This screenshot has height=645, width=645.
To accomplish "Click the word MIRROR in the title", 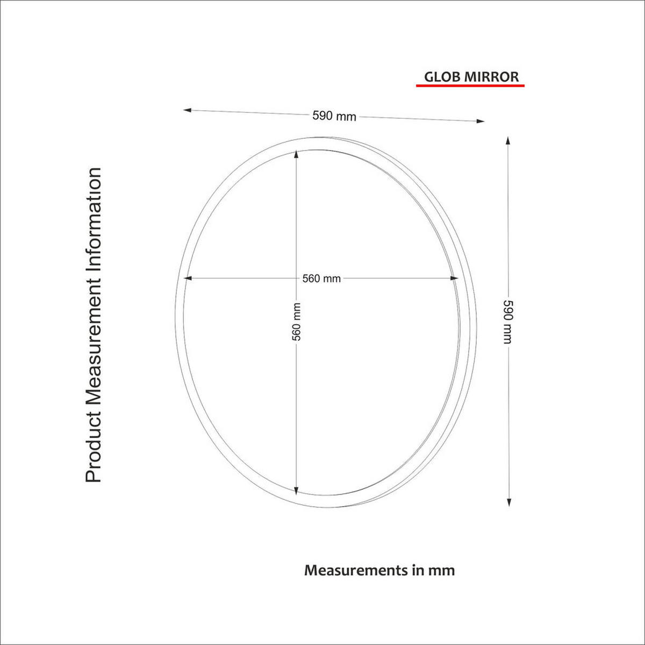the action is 492,77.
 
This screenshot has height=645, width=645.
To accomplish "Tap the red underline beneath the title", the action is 470,85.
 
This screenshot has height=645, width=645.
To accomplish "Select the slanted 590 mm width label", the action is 334,116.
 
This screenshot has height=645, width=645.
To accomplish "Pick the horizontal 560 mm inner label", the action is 321,278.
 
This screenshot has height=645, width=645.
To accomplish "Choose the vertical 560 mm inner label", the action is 297,321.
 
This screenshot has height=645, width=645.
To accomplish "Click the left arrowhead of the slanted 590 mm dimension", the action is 187,110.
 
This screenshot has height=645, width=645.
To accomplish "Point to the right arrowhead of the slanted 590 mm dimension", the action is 481,121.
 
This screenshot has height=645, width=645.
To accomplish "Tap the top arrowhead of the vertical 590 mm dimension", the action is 508,140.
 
